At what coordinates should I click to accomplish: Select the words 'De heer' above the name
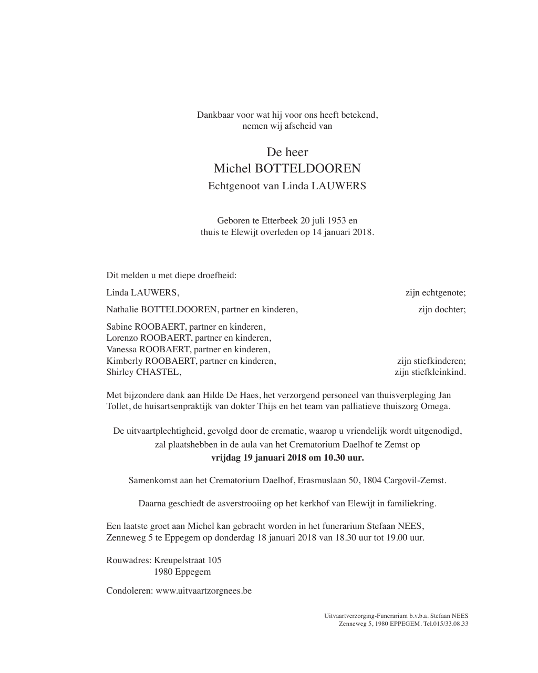point(287,152)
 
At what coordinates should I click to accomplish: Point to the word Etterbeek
point(280,221)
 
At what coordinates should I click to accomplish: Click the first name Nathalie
point(122,310)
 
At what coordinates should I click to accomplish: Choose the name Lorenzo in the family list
point(122,338)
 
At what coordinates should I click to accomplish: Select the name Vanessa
point(122,350)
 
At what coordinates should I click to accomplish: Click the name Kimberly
point(125,361)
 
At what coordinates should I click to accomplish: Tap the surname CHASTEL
point(158,373)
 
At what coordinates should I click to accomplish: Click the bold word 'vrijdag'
point(225,458)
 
